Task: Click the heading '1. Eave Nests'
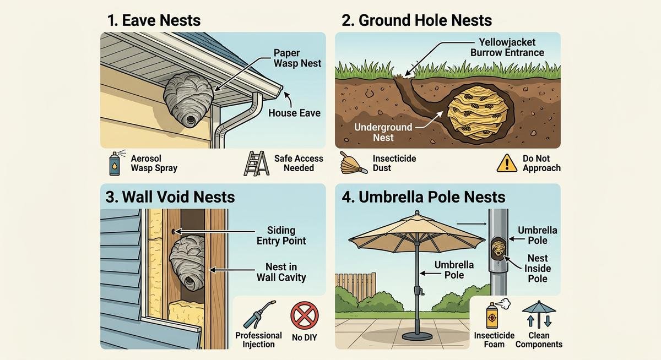pyautogui.click(x=154, y=21)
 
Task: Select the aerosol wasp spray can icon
pyautogui.click(x=115, y=163)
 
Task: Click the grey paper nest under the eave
pyautogui.click(x=187, y=99)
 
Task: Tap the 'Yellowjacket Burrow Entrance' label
pyautogui.click(x=508, y=47)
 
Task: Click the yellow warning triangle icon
pyautogui.click(x=506, y=163)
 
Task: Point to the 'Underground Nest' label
pyautogui.click(x=383, y=132)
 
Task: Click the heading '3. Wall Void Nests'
pyautogui.click(x=170, y=197)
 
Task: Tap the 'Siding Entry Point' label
pyautogui.click(x=281, y=236)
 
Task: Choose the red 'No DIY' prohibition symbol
pyautogui.click(x=305, y=318)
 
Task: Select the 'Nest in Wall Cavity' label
pyautogui.click(x=281, y=272)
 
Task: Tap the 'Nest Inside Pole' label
pyautogui.click(x=537, y=268)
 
